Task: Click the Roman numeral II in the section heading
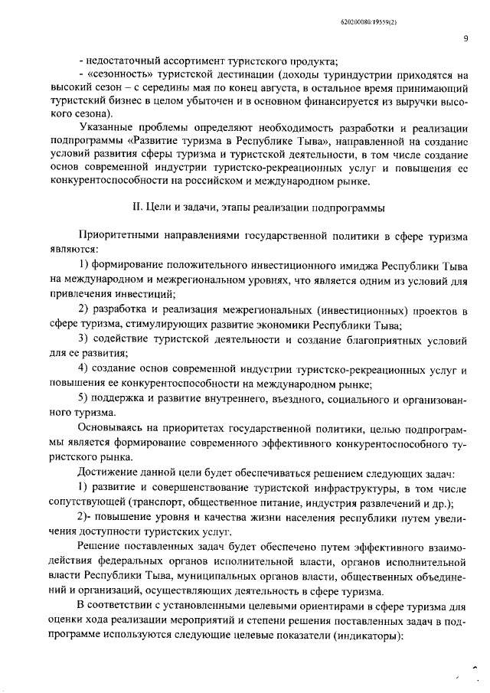tap(139, 208)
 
